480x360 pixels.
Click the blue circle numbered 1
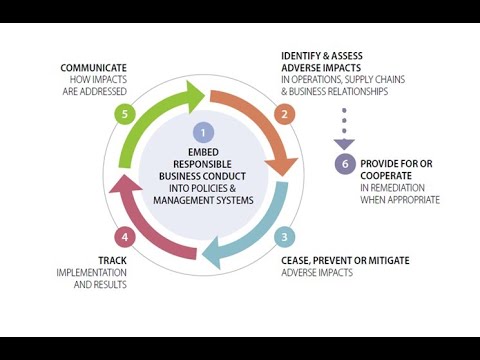[x=203, y=131]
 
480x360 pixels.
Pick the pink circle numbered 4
[x=123, y=237]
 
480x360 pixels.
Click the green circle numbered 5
[x=123, y=114]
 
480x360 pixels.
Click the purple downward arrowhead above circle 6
[x=344, y=143]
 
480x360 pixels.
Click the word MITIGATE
[x=383, y=260]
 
